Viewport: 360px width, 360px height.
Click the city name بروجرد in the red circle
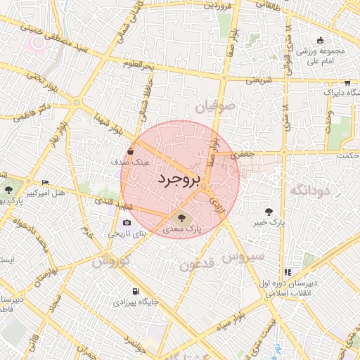(x=179, y=180)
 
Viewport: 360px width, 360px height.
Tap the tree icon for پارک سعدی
(x=183, y=217)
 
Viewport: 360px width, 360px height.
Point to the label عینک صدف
(x=131, y=162)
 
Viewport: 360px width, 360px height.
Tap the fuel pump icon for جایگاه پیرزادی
(x=135, y=291)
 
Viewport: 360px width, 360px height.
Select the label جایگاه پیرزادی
(x=136, y=302)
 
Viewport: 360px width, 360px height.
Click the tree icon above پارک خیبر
(x=269, y=211)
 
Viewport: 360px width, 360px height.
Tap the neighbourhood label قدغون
(x=197, y=265)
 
